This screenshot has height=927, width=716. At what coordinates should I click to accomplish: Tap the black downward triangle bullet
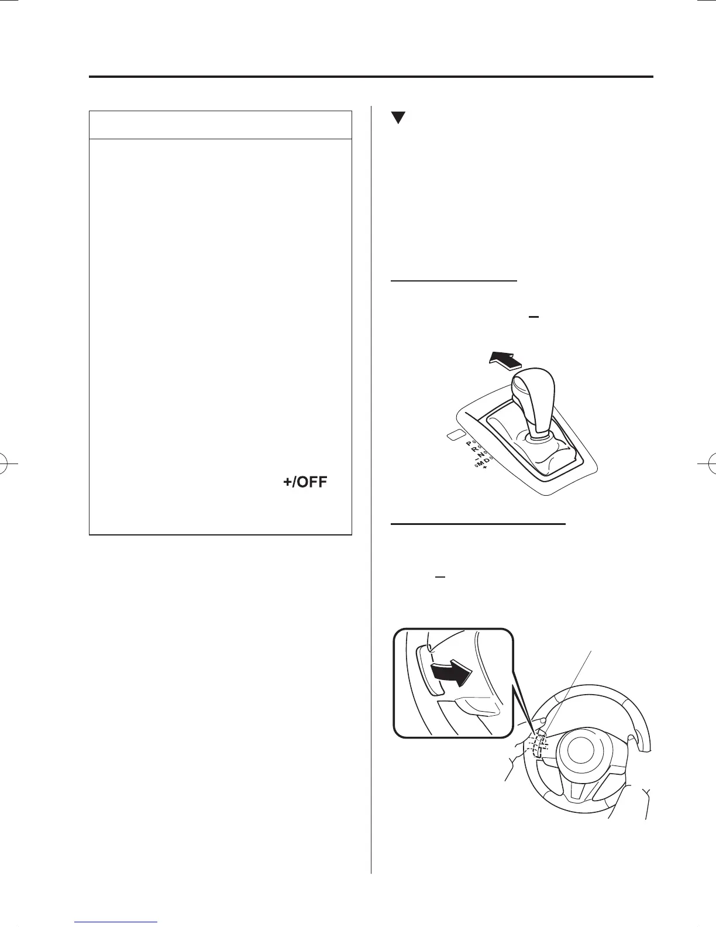pyautogui.click(x=398, y=117)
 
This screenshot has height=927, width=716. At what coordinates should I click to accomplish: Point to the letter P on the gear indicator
pyautogui.click(x=469, y=444)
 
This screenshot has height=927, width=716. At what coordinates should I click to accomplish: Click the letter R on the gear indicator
pyautogui.click(x=474, y=450)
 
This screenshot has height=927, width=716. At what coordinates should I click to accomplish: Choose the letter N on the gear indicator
pyautogui.click(x=481, y=455)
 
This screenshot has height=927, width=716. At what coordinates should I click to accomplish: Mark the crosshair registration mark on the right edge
pyautogui.click(x=709, y=463)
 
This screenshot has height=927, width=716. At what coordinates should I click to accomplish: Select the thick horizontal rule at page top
pyautogui.click(x=371, y=77)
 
